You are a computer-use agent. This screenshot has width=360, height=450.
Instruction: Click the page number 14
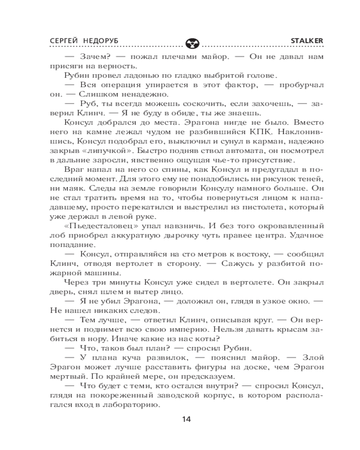click(186, 419)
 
